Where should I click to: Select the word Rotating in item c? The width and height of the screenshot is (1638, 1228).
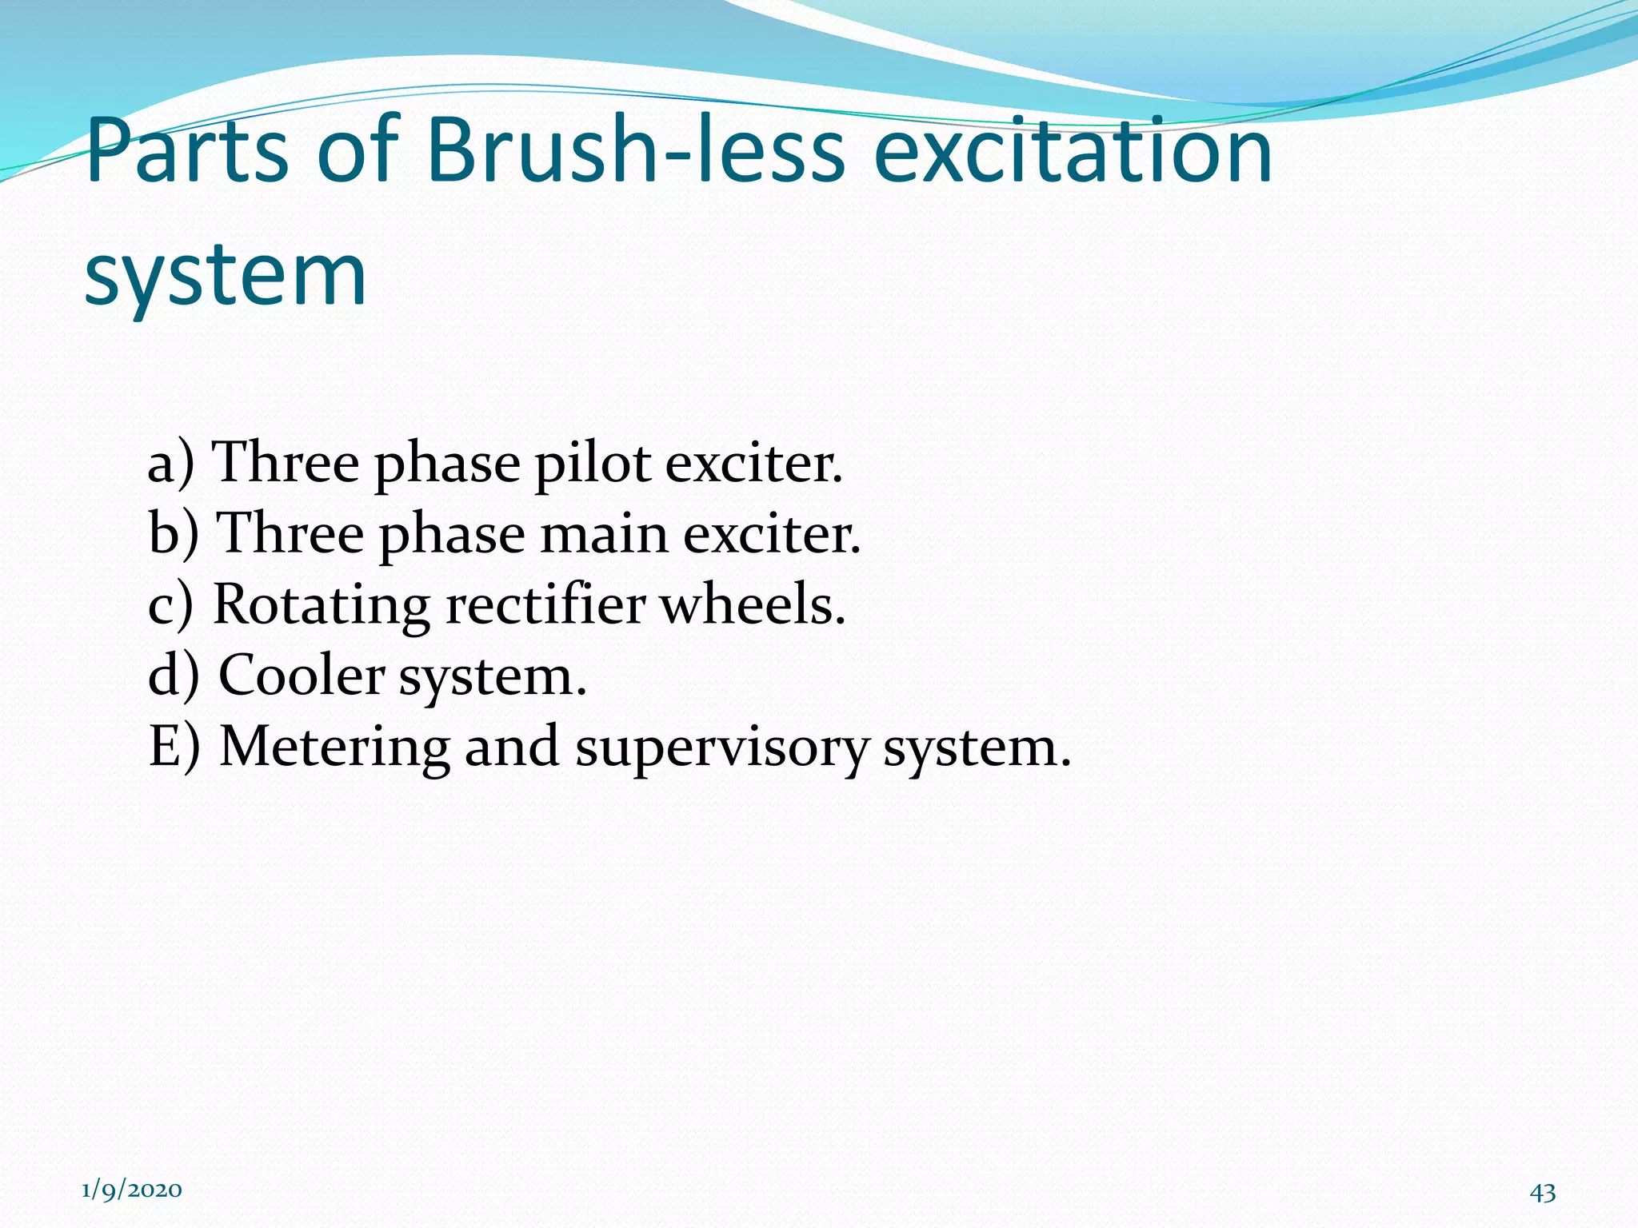pyautogui.click(x=322, y=605)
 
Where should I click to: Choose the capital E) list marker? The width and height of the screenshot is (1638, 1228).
pyautogui.click(x=174, y=747)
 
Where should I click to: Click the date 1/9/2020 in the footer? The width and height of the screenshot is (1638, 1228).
pyautogui.click(x=132, y=1190)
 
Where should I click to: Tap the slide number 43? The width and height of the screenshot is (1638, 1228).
pyautogui.click(x=1542, y=1192)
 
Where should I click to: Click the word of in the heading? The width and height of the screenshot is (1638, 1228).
pyautogui.click(x=358, y=150)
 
